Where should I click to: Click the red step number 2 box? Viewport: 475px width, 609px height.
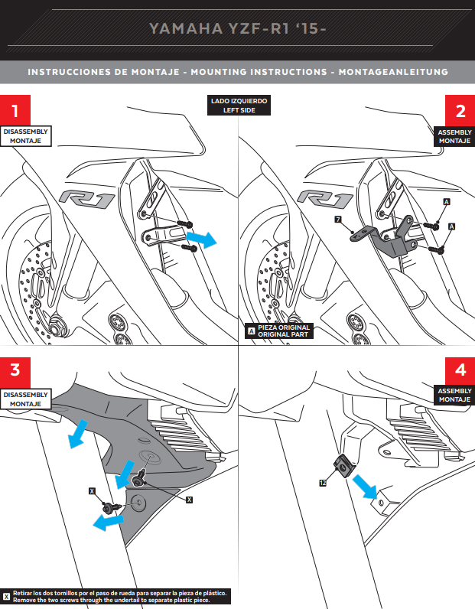[x=459, y=109]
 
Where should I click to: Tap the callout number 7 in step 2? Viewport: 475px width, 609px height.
[x=337, y=219]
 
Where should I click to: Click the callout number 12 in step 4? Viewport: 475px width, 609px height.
[x=324, y=483]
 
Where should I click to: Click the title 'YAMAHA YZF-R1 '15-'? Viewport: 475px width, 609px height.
[x=237, y=29]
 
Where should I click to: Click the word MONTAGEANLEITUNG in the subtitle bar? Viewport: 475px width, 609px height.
[x=398, y=72]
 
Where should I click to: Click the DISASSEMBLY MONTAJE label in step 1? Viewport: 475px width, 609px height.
[x=25, y=137]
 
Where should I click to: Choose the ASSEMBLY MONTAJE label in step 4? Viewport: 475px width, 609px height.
[x=454, y=395]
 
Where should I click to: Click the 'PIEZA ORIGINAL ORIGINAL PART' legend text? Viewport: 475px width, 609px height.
[x=284, y=331]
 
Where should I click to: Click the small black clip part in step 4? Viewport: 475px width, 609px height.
[x=343, y=464]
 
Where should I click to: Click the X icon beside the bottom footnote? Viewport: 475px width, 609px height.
[x=7, y=595]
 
